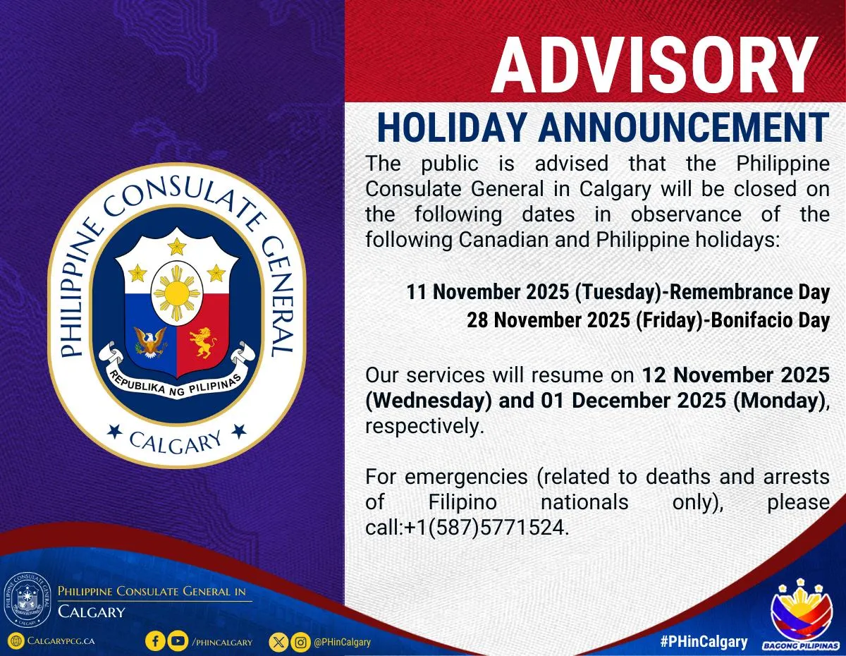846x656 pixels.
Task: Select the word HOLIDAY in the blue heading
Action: tap(452, 128)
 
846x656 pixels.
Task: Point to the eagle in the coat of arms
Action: tap(149, 342)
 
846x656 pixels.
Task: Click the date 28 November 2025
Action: tap(548, 320)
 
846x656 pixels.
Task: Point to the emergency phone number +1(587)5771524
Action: tap(486, 528)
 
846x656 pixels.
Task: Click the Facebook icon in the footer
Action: tap(156, 641)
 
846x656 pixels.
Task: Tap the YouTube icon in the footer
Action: tap(178, 641)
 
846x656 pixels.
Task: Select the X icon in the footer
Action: tap(279, 641)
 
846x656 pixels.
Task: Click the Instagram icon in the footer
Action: tap(301, 641)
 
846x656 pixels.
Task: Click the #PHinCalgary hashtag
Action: tap(704, 641)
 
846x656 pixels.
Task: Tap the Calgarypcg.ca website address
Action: tap(60, 641)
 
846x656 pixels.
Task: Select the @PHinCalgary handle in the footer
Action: tap(342, 642)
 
